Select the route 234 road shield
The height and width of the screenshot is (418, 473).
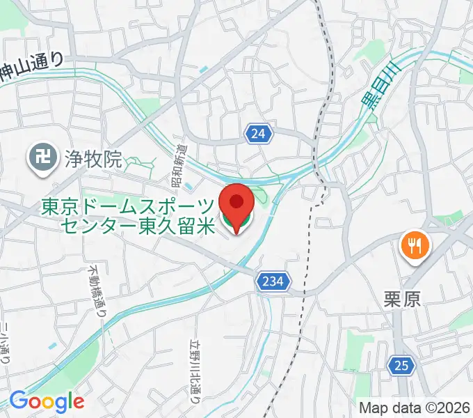point(273,281)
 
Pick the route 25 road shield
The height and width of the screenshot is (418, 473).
point(399,364)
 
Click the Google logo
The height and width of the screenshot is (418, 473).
point(47,401)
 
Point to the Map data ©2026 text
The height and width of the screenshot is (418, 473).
point(415,406)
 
